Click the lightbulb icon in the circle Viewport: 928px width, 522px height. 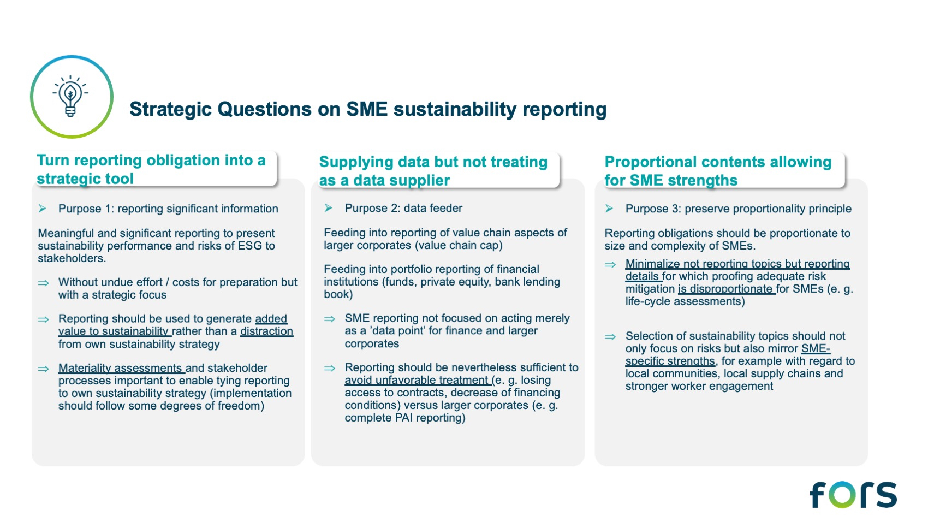(x=70, y=96)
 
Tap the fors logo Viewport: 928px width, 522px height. (x=853, y=494)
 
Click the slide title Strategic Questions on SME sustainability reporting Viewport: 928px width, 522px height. (x=368, y=109)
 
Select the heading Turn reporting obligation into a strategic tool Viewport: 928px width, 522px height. (x=151, y=169)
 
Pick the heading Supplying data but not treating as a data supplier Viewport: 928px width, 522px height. (x=433, y=171)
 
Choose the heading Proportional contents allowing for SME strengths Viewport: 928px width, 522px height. (x=718, y=171)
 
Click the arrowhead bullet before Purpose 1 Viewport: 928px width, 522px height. (x=42, y=209)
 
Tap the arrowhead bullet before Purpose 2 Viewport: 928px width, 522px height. (x=329, y=208)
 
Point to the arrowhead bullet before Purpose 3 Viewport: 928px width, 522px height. (x=609, y=209)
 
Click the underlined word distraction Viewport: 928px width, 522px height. (x=267, y=331)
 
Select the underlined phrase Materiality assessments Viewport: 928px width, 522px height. (x=120, y=368)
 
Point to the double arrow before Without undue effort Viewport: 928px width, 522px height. (x=44, y=283)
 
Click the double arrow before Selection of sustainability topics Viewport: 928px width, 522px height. (x=610, y=337)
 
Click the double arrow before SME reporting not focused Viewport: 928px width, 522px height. (x=330, y=319)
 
